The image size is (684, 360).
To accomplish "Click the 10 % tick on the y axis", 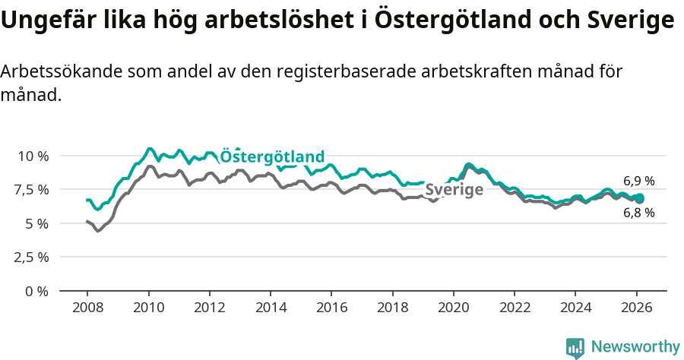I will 33,156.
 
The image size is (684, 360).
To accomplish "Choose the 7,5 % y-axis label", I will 32,189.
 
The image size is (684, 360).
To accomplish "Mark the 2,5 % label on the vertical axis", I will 32,257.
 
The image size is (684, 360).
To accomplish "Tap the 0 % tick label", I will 37,291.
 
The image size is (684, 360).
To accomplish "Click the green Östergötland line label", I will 272,156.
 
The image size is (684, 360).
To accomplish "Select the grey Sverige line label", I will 454,189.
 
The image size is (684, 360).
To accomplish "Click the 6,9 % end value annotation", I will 638,182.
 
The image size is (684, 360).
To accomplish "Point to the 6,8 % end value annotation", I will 638,213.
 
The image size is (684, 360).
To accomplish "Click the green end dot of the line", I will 639,198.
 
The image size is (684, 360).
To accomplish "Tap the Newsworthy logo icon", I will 575,347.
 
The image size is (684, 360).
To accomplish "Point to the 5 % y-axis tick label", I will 37,223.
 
